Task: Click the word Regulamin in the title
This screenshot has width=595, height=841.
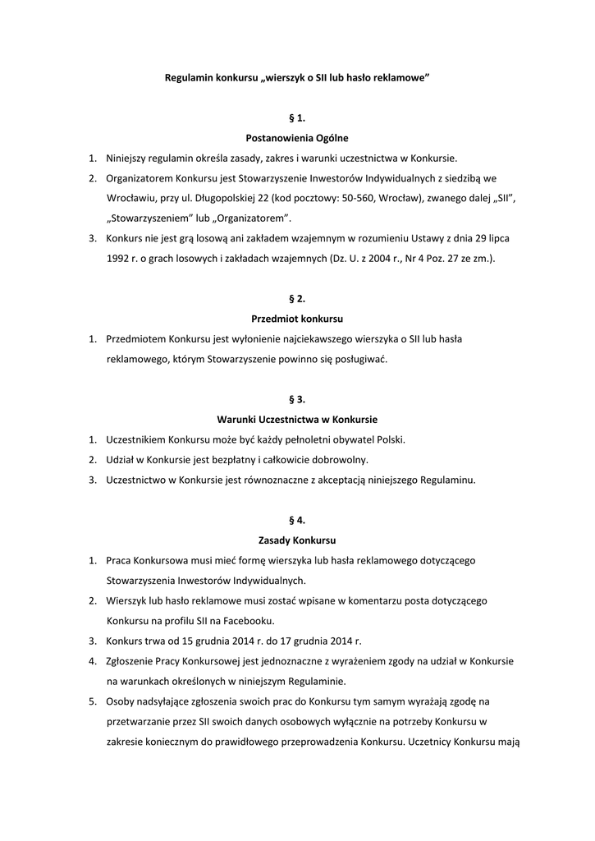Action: coord(188,77)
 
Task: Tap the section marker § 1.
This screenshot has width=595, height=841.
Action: coord(297,118)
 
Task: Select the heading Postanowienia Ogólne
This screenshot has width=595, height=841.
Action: coord(297,138)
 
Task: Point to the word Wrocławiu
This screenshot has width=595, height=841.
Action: coord(131,198)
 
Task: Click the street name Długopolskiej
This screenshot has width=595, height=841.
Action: coord(227,198)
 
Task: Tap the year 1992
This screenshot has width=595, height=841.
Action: coord(120,258)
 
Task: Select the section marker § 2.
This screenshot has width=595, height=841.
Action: coord(297,298)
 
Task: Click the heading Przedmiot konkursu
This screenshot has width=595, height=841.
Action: coord(297,318)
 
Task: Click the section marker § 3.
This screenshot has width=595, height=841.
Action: coord(297,399)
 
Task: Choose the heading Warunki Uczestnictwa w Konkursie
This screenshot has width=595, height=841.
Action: coord(297,419)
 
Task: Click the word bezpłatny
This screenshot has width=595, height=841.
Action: coord(247,459)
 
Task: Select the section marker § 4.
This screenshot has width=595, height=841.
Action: coord(297,520)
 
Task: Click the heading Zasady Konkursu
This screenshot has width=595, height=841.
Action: coord(297,540)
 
